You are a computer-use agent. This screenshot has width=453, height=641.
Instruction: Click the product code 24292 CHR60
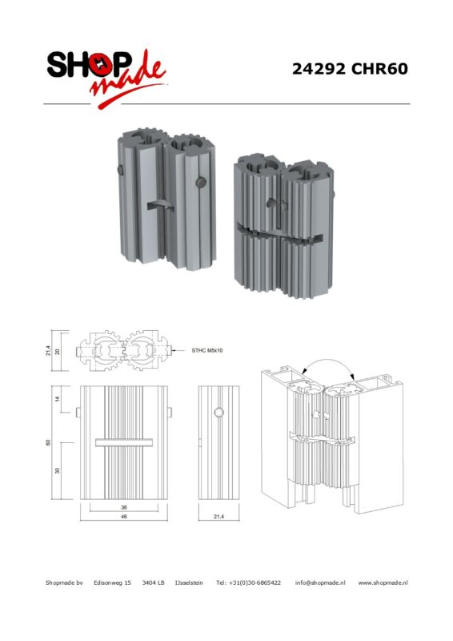[x=350, y=69]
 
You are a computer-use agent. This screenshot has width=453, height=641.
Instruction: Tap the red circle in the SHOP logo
[x=100, y=65]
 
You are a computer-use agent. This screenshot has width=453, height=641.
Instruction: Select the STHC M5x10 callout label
[x=207, y=350]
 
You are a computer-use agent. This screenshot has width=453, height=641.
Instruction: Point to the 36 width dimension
[x=124, y=507]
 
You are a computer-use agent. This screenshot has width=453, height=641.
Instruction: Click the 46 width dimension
[x=124, y=517]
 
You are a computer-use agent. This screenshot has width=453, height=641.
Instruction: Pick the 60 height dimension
[x=48, y=442]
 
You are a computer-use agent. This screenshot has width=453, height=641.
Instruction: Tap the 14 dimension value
[x=58, y=398]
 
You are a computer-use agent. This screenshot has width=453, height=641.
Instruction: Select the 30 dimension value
[x=58, y=470]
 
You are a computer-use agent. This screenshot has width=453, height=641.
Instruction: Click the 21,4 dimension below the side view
[x=219, y=517]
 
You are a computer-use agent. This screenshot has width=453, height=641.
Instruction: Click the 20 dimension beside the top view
[x=58, y=351]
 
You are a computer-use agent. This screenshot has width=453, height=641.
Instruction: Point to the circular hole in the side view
[x=219, y=413]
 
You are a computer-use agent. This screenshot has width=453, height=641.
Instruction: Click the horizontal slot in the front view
[x=124, y=442]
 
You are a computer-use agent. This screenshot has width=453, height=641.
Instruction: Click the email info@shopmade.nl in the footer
[x=320, y=583]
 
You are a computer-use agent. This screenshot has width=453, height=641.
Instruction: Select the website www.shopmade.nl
[x=383, y=583]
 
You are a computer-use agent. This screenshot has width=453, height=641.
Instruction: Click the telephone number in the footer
[x=248, y=583]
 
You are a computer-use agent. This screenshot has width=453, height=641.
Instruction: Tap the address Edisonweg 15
[x=112, y=583]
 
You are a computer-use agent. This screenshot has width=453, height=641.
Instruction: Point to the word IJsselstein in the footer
[x=189, y=583]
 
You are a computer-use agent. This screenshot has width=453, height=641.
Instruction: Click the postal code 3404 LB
[x=153, y=583]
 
